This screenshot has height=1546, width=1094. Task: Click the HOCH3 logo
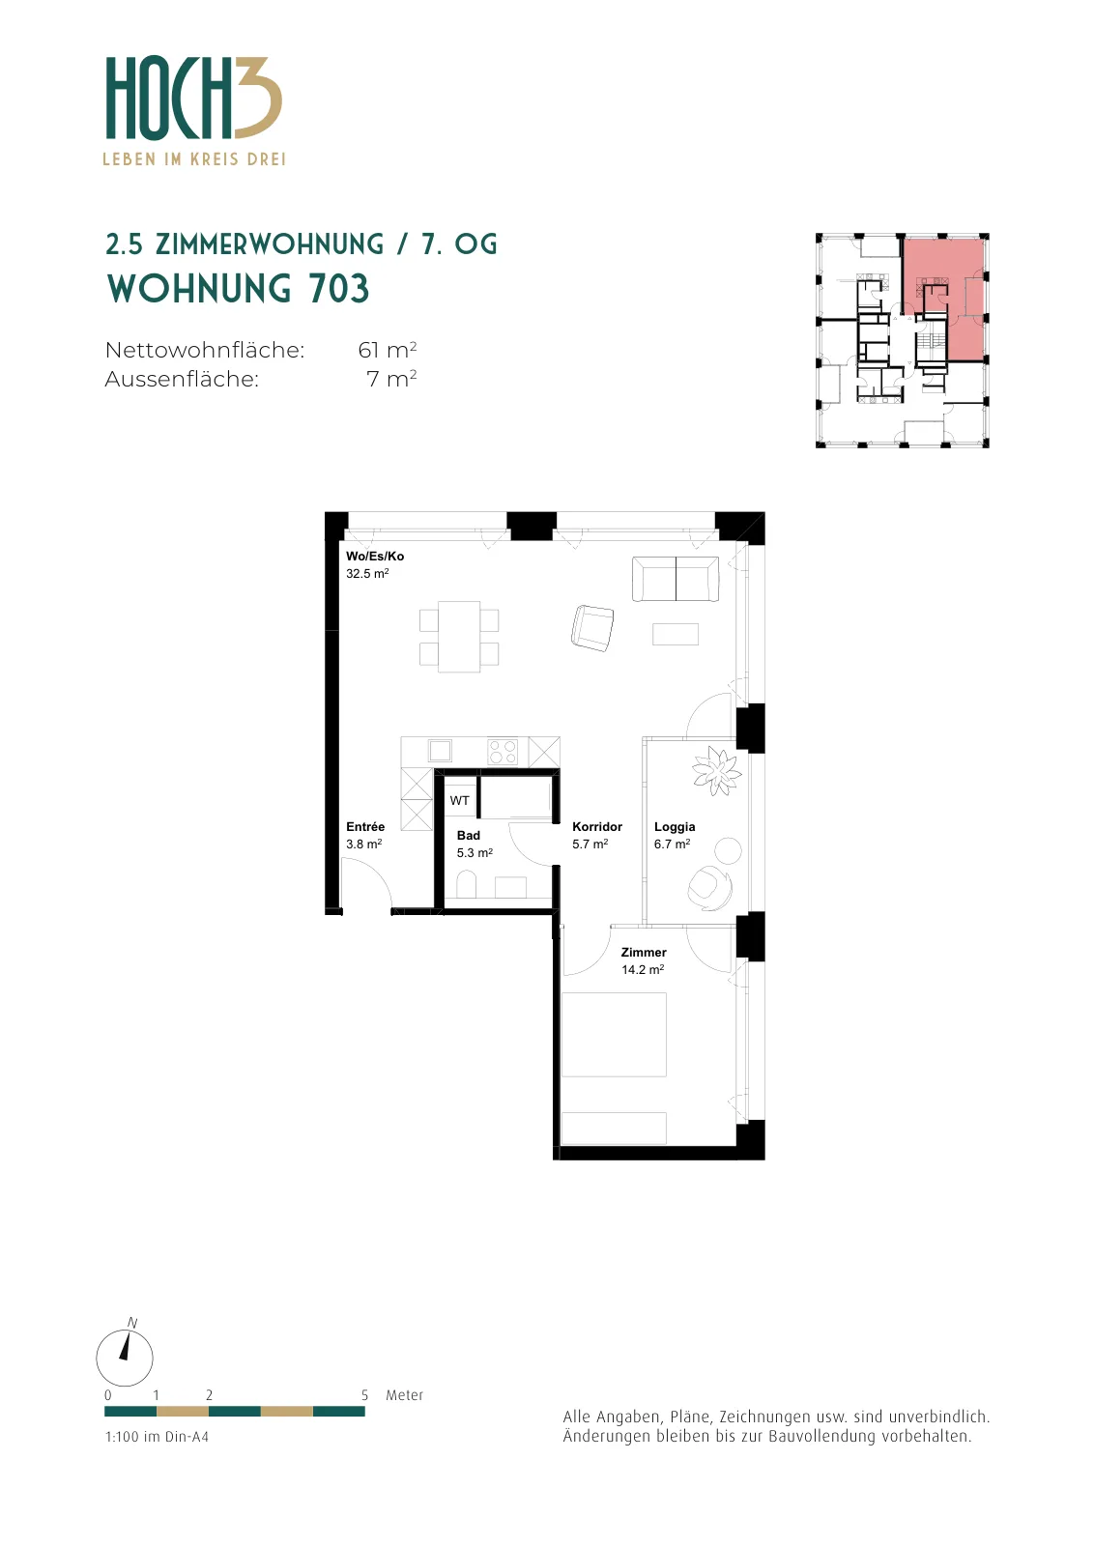194,110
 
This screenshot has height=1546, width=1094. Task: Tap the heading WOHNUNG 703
238,289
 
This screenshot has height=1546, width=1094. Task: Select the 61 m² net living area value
388,350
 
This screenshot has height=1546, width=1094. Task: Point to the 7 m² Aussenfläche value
391,379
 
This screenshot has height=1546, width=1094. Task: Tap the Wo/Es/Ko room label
375,557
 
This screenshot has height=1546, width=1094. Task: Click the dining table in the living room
459,637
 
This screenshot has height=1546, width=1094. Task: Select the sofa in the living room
675,579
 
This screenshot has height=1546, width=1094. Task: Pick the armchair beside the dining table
592,628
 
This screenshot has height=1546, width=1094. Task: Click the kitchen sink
440,750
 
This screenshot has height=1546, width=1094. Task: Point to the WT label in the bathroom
460,801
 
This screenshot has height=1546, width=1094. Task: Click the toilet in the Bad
467,885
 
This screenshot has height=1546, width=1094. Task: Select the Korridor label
597,827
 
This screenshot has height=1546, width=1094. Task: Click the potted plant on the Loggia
716,771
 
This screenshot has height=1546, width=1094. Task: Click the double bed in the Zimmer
614,1035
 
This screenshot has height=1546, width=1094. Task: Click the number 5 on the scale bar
364,1395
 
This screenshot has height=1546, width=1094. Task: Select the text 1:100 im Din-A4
157,1437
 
